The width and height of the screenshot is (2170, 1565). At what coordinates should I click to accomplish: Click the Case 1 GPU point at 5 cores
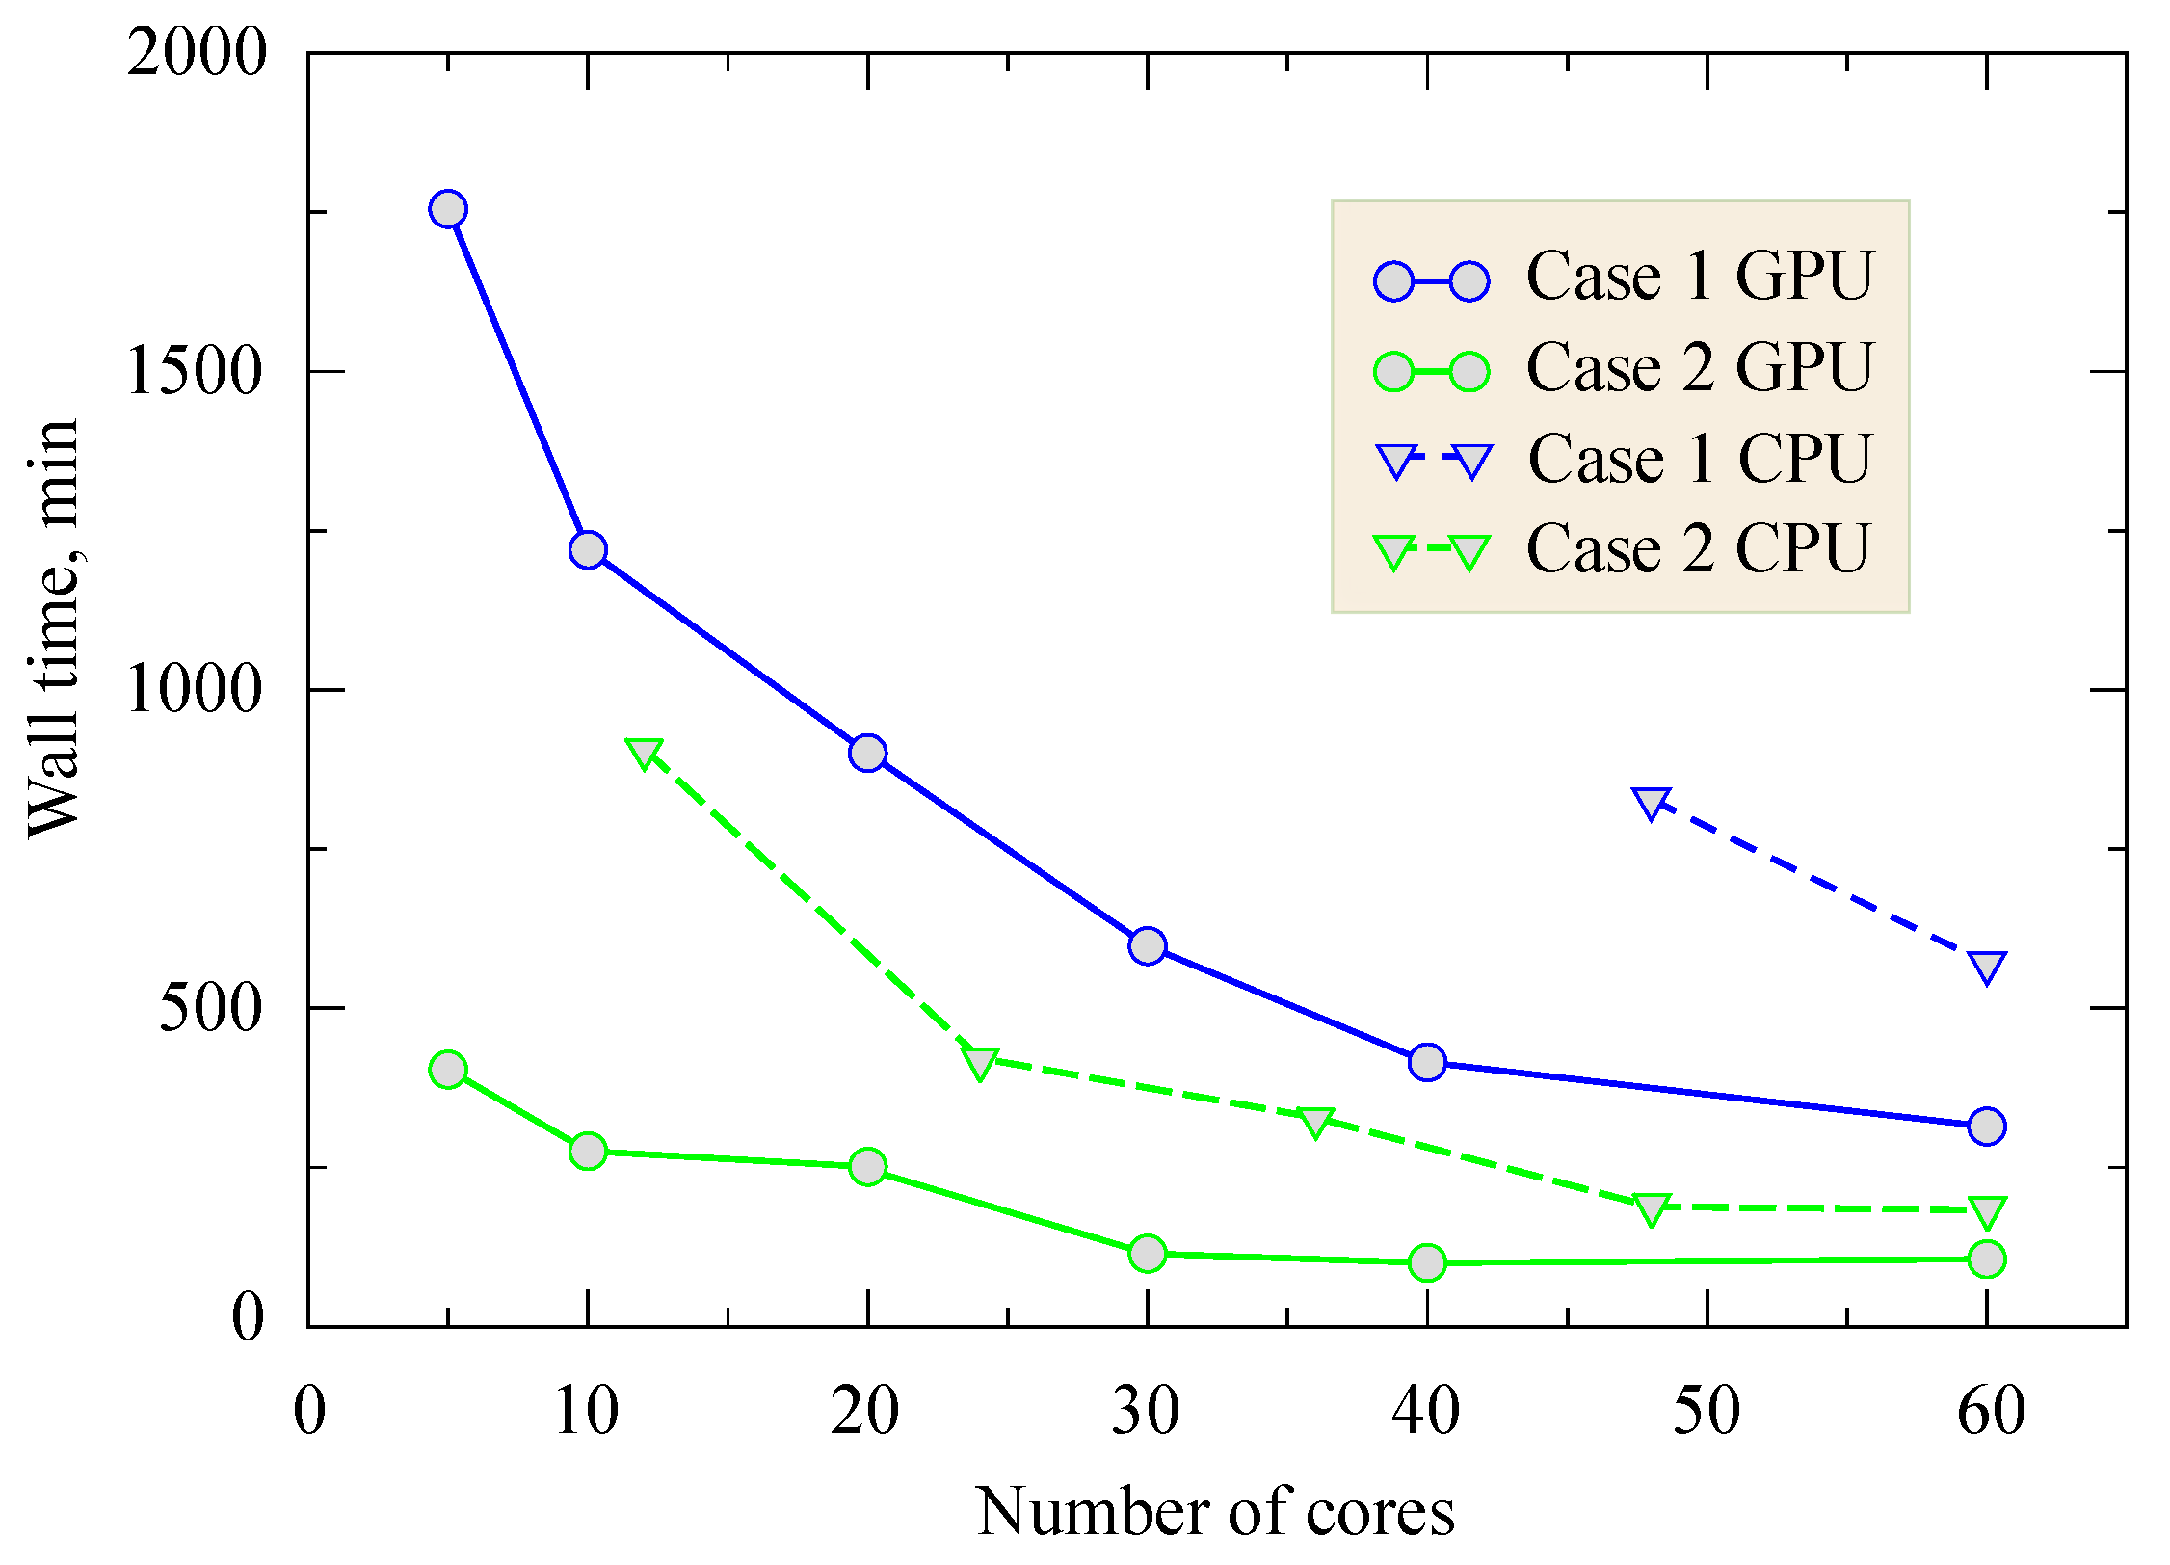coord(448,209)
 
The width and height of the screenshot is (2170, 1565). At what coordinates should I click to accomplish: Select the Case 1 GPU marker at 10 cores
coord(588,550)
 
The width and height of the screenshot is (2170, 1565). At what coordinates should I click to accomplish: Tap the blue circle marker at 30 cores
coord(1148,945)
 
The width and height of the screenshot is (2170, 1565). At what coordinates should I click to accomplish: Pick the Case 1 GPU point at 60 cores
coord(1987,1126)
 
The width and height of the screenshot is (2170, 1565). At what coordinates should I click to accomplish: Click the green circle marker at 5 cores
coord(448,1070)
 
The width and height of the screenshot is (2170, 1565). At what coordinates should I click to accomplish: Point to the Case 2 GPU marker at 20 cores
coord(868,1167)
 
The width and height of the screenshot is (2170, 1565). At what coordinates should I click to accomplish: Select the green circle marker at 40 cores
coord(1427,1261)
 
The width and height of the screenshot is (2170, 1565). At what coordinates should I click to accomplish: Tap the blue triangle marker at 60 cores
coord(1987,967)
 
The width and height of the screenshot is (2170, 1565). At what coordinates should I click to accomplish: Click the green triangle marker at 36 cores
coord(1315,1121)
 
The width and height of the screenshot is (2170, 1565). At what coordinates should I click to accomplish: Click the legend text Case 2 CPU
coord(1698,550)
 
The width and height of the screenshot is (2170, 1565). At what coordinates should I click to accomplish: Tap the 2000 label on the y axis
coord(197,52)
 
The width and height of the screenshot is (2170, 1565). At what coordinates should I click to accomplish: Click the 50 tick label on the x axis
coord(1707,1413)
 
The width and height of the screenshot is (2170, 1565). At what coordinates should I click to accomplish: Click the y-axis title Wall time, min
coord(54,628)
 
